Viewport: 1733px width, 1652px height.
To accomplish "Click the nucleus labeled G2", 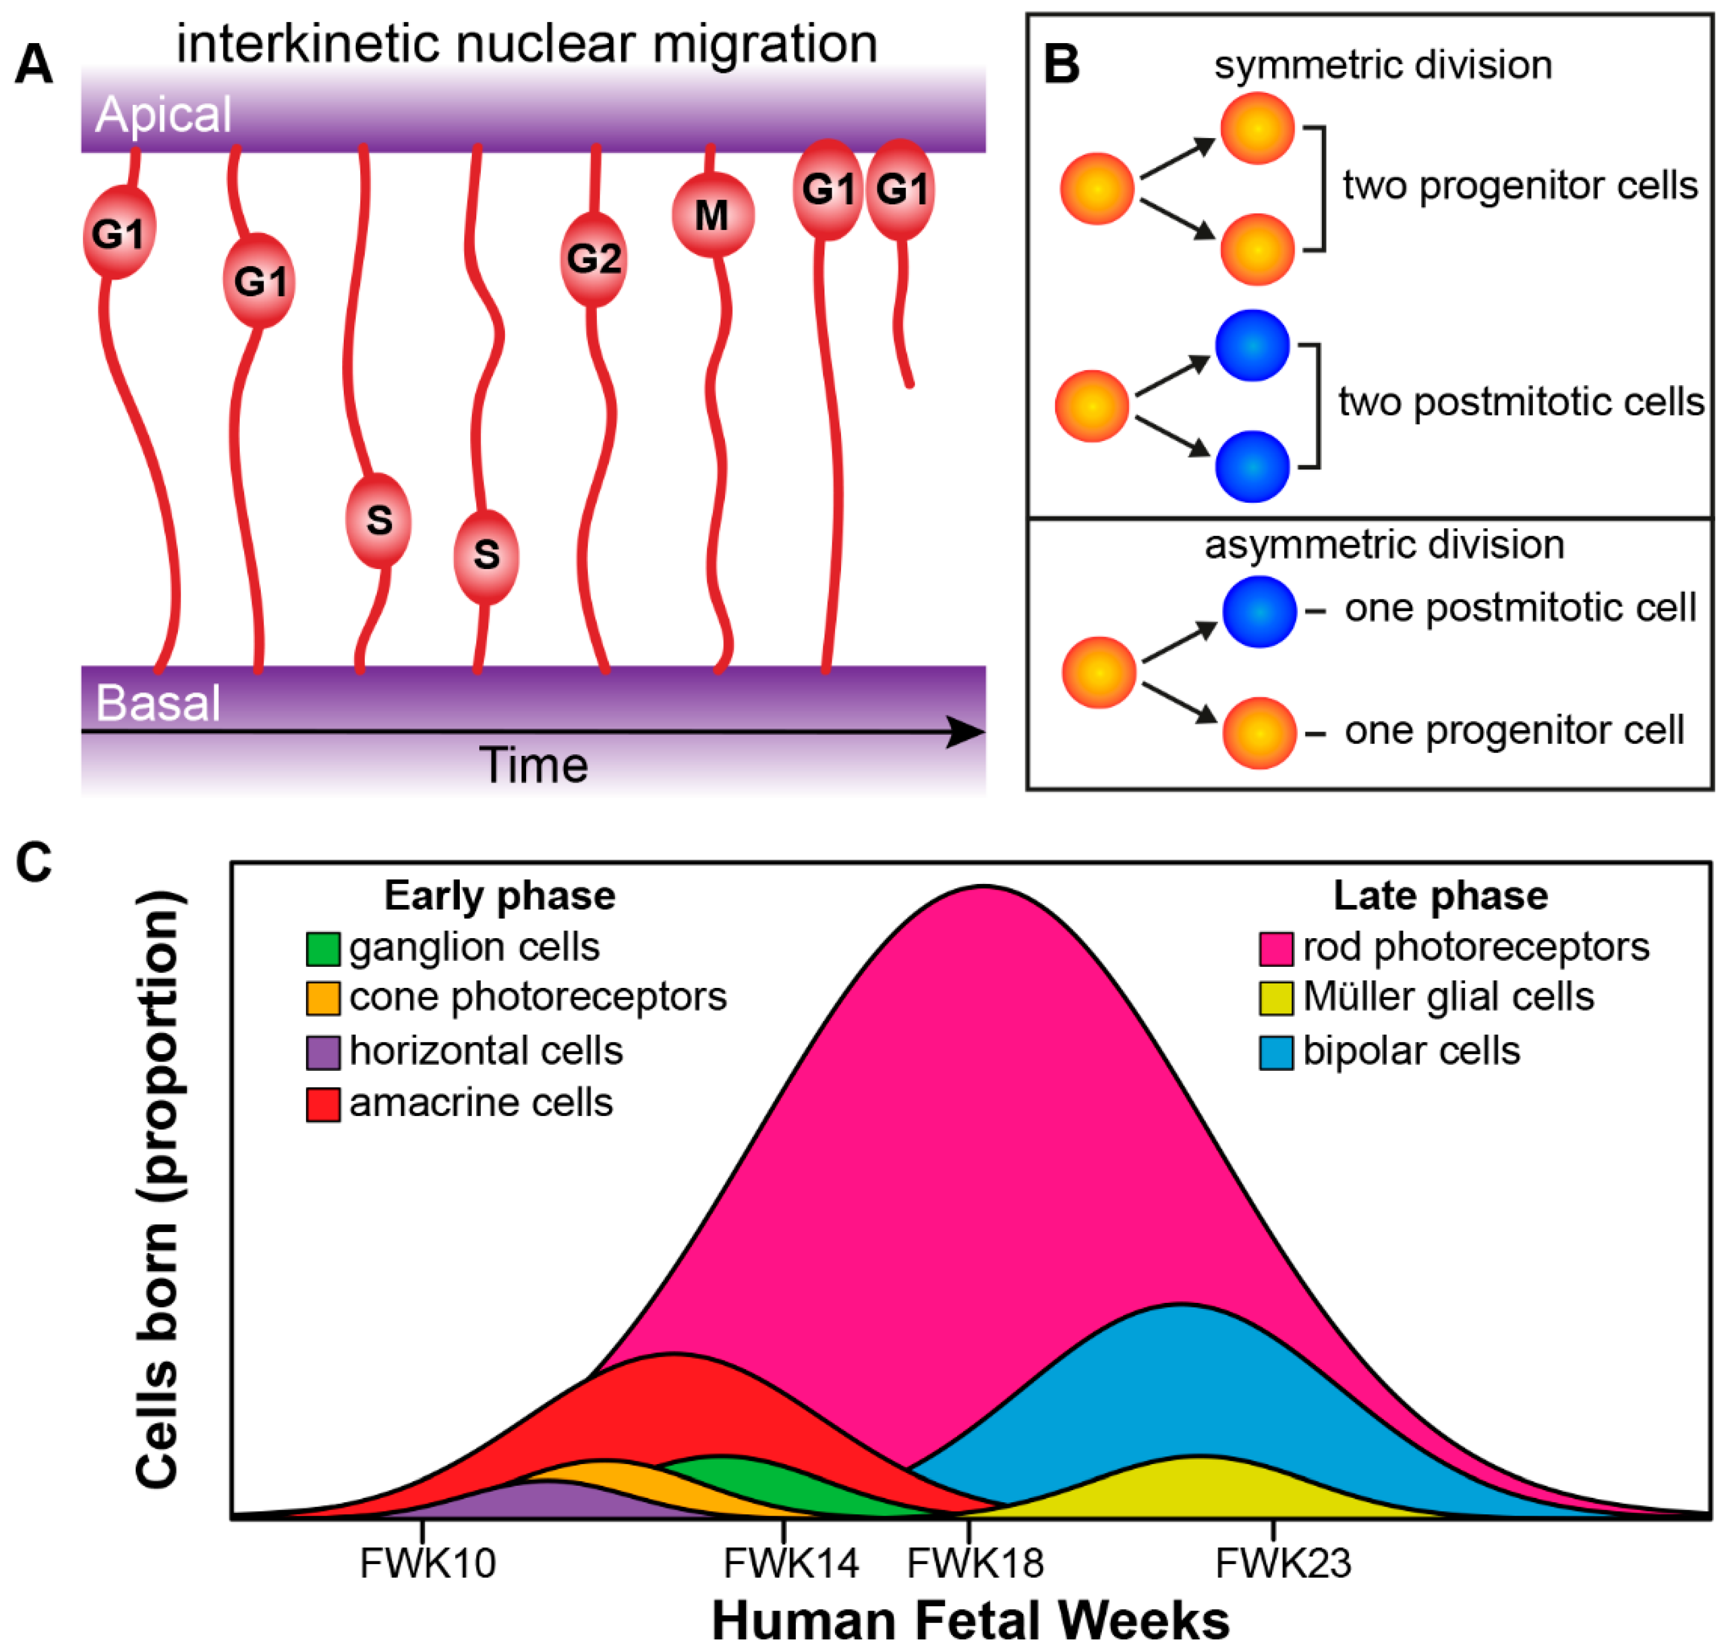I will coord(594,259).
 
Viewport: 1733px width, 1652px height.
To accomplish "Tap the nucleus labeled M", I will coord(712,215).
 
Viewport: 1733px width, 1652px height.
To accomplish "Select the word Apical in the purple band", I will coord(163,114).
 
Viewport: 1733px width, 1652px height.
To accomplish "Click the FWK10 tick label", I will coord(428,1563).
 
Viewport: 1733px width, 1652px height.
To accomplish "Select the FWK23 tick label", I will coord(1283,1563).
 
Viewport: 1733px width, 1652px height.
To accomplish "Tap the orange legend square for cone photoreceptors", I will coord(323,998).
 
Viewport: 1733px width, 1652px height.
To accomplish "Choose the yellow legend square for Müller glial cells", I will coord(1276,998).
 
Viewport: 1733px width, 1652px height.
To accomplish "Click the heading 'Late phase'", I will coord(1441,896).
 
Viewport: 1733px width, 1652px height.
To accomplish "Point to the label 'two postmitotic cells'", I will coord(1521,402).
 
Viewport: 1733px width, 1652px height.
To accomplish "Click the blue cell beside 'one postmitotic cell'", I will coord(1259,611).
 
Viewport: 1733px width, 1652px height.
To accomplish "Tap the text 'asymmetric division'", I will coord(1384,544).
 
